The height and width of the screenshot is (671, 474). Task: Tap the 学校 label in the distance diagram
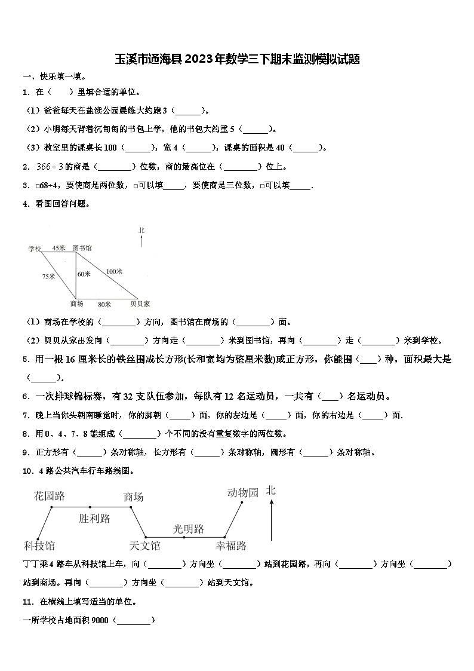[34, 248]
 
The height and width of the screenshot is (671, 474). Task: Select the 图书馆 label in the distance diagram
[82, 247]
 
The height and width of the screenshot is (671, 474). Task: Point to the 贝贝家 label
[140, 304]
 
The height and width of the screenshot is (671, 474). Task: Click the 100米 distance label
[114, 271]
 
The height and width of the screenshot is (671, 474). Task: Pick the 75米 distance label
[48, 276]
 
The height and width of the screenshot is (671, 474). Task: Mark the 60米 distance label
[84, 274]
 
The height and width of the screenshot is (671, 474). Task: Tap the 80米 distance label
[105, 304]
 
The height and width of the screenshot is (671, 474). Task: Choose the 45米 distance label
[59, 247]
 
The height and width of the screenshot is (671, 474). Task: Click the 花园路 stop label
[50, 496]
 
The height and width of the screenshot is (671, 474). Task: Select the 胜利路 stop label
[94, 519]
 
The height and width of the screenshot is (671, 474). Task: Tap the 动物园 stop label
[243, 492]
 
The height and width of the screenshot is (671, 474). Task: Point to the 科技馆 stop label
[39, 545]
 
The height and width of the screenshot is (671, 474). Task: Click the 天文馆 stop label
[144, 545]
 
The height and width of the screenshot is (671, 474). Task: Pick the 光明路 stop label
[189, 529]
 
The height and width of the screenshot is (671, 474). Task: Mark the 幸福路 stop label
[231, 545]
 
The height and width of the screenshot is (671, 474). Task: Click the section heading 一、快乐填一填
[54, 76]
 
